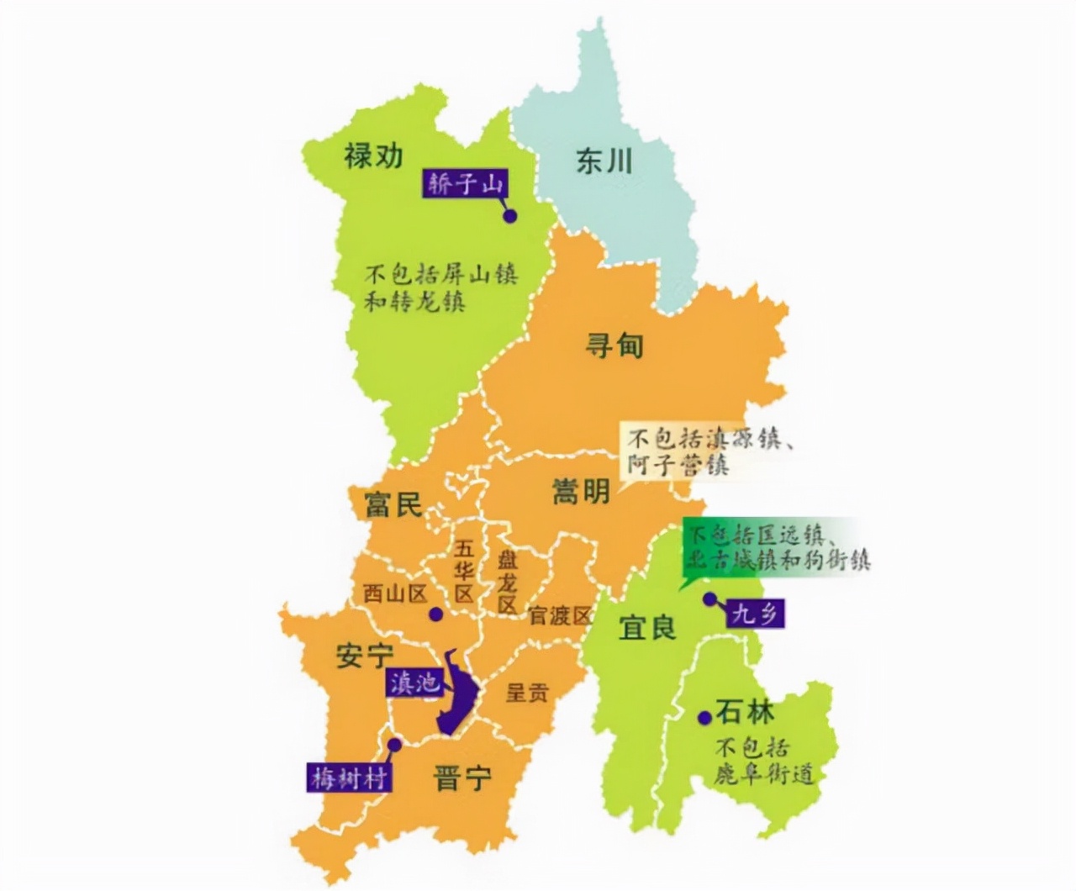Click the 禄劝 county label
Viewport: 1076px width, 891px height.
point(373,156)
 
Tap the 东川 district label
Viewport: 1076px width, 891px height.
point(603,161)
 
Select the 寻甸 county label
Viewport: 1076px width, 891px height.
point(614,345)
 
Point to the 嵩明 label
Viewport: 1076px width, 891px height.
point(581,491)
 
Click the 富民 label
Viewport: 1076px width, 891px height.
point(393,504)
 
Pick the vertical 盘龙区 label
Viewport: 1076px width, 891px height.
point(507,583)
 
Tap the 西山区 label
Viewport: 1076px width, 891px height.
point(395,593)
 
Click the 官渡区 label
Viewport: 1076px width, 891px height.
point(561,615)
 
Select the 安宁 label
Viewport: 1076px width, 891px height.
point(365,656)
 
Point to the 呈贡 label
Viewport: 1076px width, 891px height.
point(527,693)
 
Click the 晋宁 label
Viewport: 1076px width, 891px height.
point(462,778)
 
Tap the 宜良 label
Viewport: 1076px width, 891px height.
point(647,627)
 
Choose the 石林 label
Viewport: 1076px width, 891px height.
point(745,713)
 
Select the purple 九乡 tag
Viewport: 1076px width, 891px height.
point(754,614)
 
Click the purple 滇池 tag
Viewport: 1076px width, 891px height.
point(414,682)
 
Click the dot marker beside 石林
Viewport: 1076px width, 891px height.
point(704,717)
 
